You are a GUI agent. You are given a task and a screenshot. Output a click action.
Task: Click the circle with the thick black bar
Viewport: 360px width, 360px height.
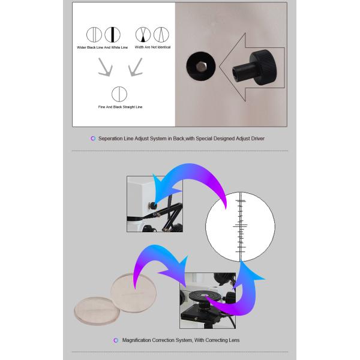(x=113, y=35)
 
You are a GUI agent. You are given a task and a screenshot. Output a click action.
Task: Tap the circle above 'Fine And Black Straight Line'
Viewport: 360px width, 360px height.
(x=119, y=94)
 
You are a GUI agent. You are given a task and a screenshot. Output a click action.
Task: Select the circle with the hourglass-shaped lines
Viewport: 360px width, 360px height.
(x=143, y=35)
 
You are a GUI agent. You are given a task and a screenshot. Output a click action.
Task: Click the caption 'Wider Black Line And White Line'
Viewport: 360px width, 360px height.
(x=102, y=47)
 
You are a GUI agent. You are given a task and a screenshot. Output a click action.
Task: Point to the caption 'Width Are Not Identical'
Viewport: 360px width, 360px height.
(x=152, y=47)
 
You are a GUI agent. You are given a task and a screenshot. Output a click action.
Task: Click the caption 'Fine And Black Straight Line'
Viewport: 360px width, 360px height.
(x=120, y=107)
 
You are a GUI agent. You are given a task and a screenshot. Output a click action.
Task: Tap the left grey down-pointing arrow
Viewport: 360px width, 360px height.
(x=106, y=67)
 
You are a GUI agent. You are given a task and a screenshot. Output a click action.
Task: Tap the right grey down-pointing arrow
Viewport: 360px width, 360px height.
(x=136, y=67)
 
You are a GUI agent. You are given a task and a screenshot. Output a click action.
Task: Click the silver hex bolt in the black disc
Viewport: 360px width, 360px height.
(x=201, y=67)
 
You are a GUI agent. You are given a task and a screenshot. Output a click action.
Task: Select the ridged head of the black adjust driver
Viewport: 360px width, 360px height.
(x=263, y=67)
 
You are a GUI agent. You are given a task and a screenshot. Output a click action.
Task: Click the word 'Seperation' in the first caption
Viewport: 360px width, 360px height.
(x=110, y=139)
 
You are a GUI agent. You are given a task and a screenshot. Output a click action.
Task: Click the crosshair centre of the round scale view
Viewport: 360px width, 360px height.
(x=241, y=226)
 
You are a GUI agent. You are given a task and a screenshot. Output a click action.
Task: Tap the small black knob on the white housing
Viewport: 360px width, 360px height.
(x=152, y=205)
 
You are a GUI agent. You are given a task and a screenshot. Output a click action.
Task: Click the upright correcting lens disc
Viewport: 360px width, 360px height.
(x=134, y=293)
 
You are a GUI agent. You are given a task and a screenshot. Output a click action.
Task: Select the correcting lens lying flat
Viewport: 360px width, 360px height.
(x=97, y=311)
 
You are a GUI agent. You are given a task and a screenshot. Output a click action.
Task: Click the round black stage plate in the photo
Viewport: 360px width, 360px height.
(x=203, y=296)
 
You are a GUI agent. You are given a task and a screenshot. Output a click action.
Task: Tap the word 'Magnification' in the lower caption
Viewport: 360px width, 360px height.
(x=136, y=340)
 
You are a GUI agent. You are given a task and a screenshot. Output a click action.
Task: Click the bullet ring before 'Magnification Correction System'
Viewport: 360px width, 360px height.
(x=116, y=340)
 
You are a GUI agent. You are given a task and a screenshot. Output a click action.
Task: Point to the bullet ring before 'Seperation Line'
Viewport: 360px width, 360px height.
(x=93, y=139)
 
